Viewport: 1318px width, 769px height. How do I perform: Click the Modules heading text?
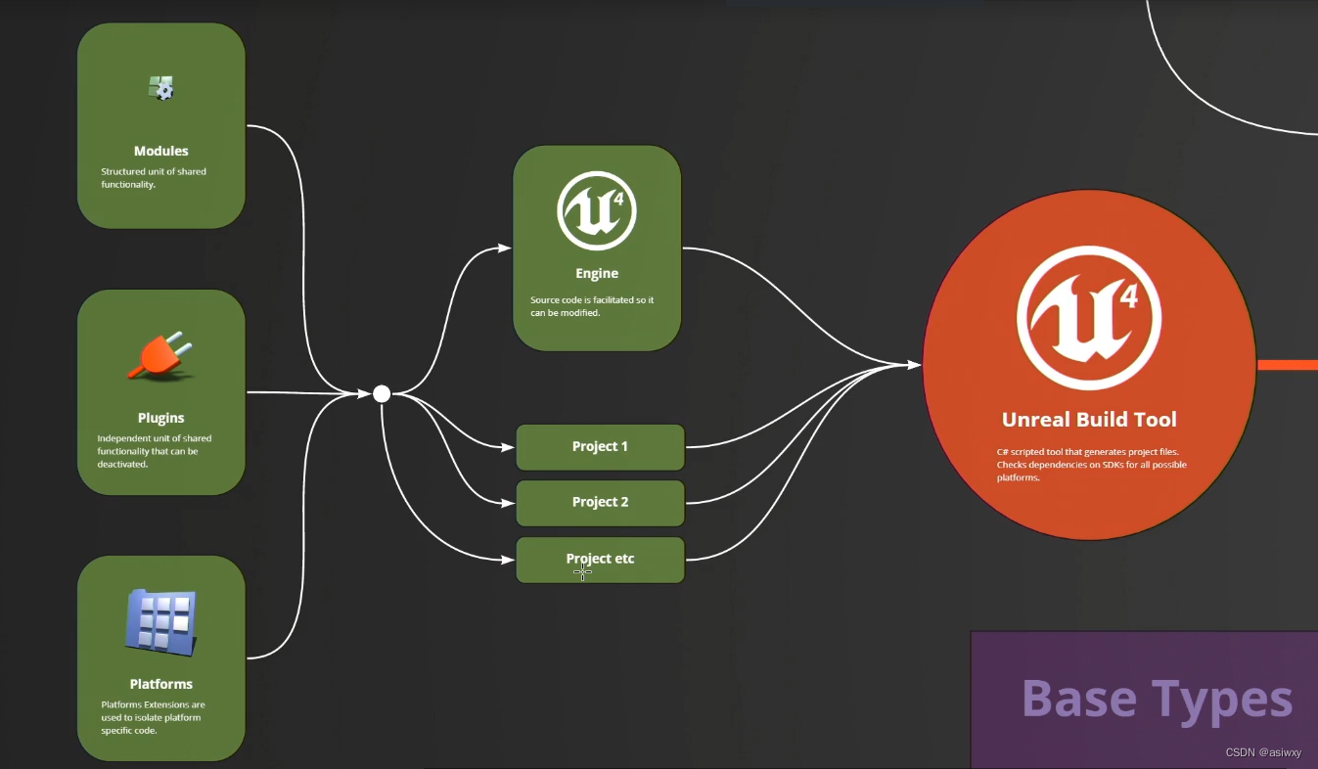coord(161,151)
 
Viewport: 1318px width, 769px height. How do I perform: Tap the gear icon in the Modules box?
coord(161,88)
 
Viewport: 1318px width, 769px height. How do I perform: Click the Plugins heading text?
coord(161,418)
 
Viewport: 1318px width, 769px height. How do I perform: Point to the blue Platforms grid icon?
coord(161,620)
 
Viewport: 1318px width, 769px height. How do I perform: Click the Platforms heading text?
coord(161,684)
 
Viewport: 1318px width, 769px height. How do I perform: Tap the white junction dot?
coord(382,393)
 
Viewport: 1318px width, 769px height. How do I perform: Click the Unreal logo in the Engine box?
coord(597,210)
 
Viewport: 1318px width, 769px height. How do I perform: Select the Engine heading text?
coord(597,273)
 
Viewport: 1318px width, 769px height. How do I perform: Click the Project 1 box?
coord(600,447)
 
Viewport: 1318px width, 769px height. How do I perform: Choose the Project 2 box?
coord(600,503)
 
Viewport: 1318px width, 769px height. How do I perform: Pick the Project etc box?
coord(600,560)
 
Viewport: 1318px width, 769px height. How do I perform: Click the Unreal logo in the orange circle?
coord(1089,318)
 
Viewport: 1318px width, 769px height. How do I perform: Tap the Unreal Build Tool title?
coord(1089,420)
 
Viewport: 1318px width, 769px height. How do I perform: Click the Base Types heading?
coord(1157,699)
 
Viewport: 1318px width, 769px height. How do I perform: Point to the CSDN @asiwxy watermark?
coord(1263,752)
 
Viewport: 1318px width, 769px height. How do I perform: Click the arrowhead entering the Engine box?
coord(505,249)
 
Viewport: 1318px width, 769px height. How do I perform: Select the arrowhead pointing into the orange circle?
coord(915,365)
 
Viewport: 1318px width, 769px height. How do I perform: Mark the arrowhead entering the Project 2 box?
coord(509,503)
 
